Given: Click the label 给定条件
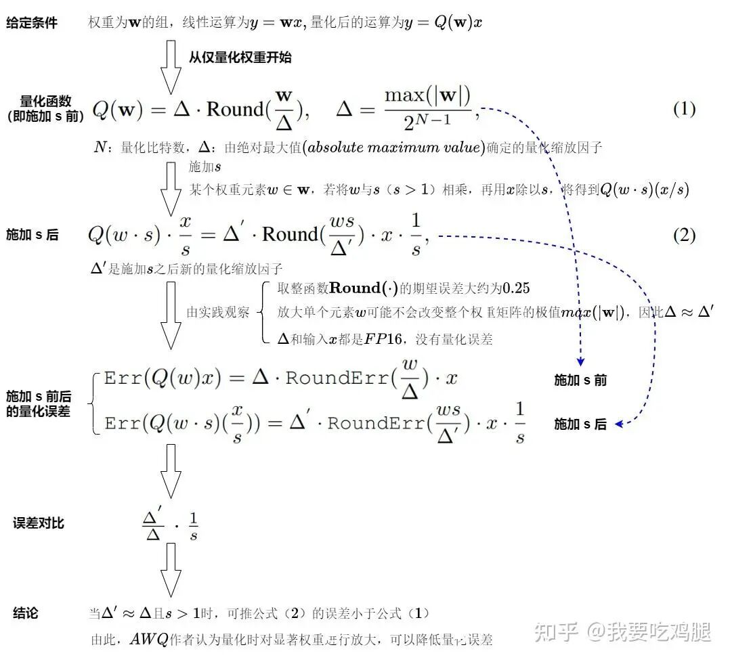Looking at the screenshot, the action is tap(32, 23).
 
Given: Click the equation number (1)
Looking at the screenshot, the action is tap(684, 109).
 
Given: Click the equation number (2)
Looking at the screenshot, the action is tap(684, 236).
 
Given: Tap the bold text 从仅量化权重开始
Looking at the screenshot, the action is tap(240, 58).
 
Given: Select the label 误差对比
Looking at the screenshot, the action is tap(39, 523).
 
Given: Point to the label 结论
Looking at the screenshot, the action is tap(26, 613).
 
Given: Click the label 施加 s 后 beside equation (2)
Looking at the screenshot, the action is tap(32, 236).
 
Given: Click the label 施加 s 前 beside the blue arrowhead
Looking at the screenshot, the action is tap(580, 380).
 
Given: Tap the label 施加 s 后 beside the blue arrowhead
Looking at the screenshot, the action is tap(580, 424).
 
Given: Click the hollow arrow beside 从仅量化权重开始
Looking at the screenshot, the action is tap(171, 66).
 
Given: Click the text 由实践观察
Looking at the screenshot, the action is tap(218, 313).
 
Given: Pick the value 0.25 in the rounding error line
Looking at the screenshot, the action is tap(516, 288).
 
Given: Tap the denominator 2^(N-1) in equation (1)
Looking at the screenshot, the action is tap(427, 122).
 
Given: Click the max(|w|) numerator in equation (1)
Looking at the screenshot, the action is tap(427, 96).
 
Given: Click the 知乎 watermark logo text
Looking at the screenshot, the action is tap(556, 632).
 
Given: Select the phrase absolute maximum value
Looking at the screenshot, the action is tap(395, 147).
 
